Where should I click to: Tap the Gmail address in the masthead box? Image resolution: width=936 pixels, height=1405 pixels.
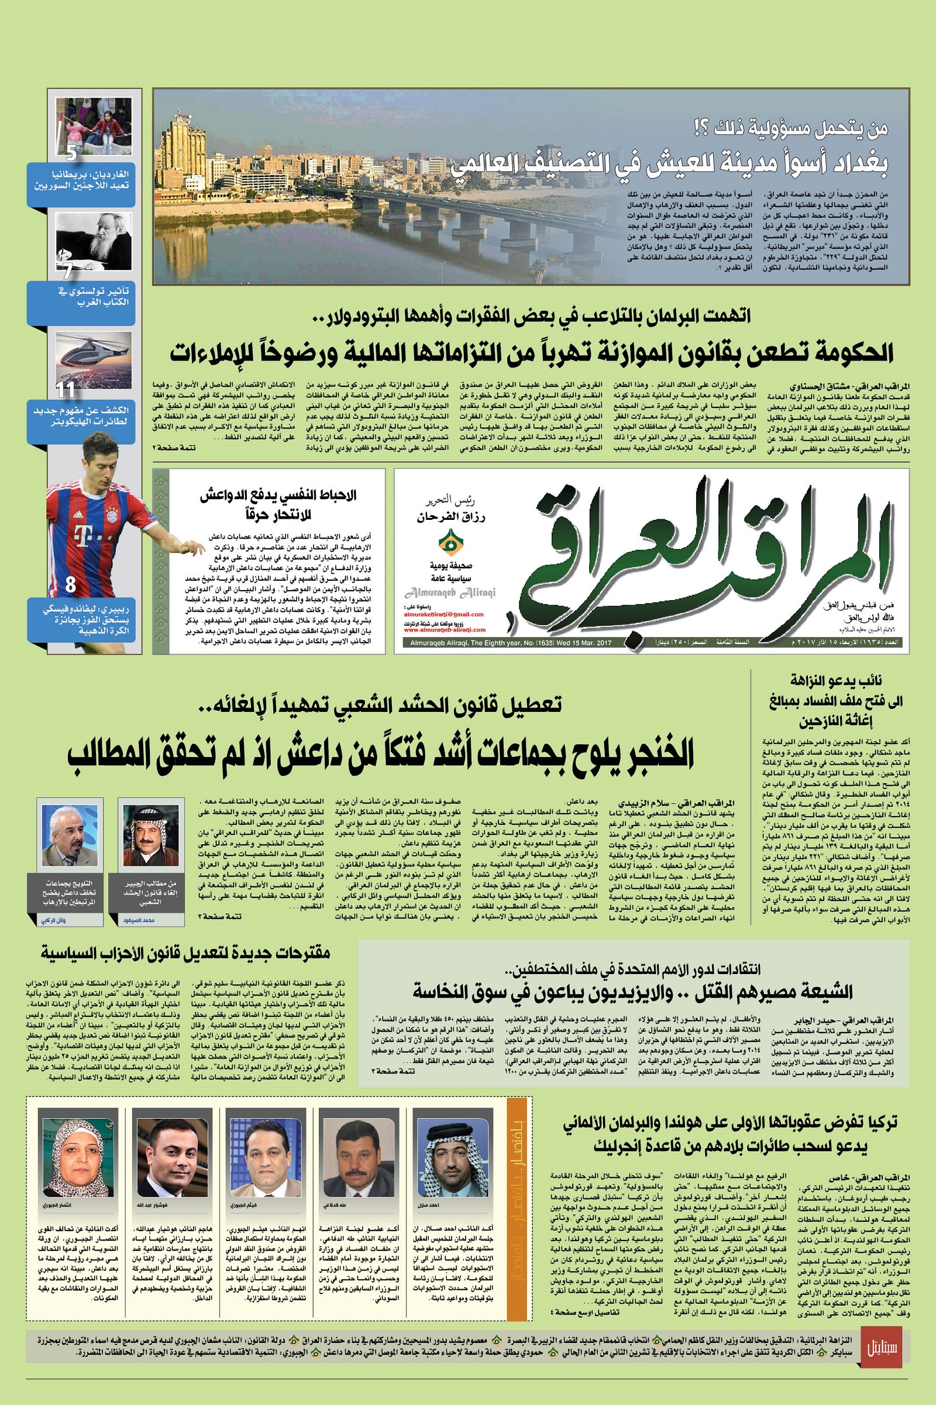[x=443, y=614]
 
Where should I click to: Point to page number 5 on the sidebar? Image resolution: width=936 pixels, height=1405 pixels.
[x=71, y=153]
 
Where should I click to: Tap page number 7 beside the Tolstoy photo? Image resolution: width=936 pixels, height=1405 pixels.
[x=68, y=270]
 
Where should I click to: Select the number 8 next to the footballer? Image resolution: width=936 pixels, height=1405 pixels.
[x=70, y=584]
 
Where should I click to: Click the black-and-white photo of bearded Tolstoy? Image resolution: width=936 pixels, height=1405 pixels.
[x=94, y=242]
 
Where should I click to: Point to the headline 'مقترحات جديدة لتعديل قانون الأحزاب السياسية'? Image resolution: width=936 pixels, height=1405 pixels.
[x=185, y=952]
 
